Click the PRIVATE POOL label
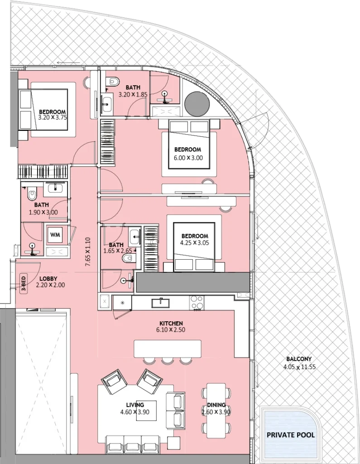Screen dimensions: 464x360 tap(291, 435)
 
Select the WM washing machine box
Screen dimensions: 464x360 tap(55, 234)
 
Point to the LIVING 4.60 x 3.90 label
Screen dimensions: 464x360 tap(136, 408)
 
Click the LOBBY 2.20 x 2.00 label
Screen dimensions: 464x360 tap(50, 282)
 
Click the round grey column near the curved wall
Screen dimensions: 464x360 tap(197, 104)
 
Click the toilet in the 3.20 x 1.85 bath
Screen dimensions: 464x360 tap(113, 82)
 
